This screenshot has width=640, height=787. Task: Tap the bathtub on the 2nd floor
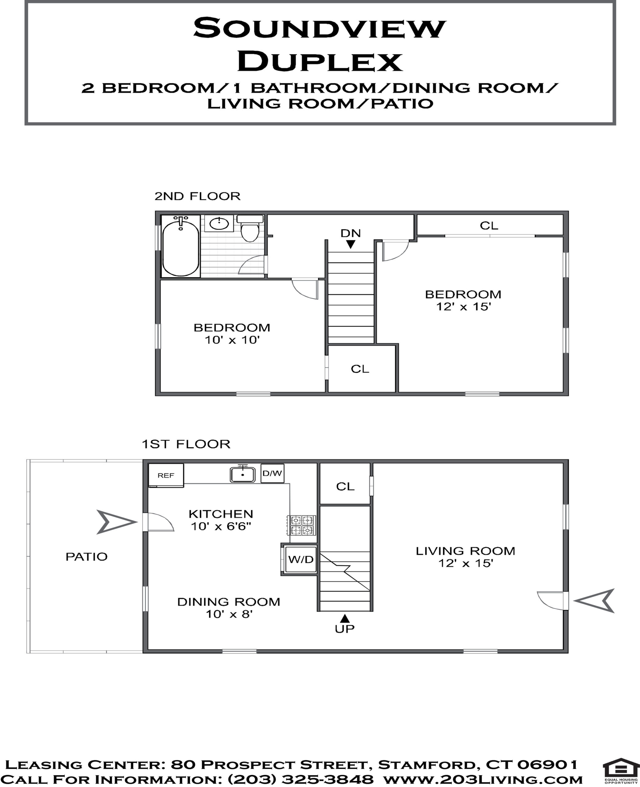coord(181,246)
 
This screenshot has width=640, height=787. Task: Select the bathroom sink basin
coord(219,223)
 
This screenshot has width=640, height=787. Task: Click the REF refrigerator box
coord(166,475)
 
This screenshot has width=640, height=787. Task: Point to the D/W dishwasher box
coord(273,473)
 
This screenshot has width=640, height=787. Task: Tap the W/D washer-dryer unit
coord(301,560)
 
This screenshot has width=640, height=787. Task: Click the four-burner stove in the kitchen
coord(302,525)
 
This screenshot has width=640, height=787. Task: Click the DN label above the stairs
coord(351,233)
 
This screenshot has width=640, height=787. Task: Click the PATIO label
coord(87,556)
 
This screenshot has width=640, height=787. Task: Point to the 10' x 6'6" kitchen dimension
coord(221,526)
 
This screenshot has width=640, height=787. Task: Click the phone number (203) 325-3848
coord(301,779)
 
